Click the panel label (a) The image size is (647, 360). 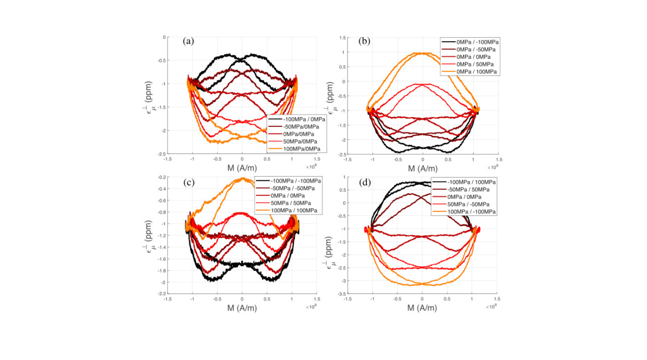point(188,41)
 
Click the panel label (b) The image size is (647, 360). point(364,41)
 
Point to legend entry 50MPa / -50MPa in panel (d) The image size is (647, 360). point(471,204)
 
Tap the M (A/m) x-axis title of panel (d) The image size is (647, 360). point(422,308)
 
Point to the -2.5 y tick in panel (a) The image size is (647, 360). point(159,154)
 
